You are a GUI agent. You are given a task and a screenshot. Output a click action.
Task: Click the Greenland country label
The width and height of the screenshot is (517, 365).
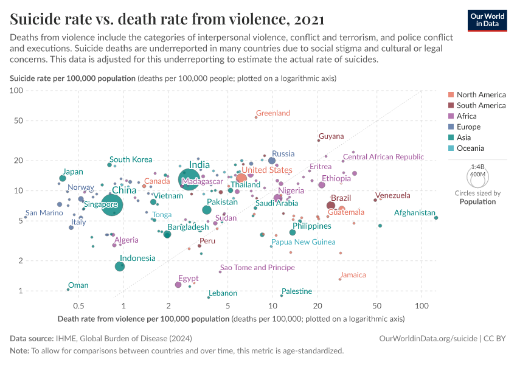pos(272,113)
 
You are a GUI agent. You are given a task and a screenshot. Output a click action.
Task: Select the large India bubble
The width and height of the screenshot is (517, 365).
pos(190,179)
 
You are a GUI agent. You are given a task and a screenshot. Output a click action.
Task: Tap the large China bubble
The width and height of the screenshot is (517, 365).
pos(111,206)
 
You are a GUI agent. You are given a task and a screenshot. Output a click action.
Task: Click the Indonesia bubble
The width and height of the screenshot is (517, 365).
pos(120,266)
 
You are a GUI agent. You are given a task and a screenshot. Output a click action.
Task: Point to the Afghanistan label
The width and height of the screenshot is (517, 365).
pos(415,213)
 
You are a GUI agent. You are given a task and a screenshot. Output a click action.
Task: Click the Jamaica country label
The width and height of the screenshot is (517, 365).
pos(353,275)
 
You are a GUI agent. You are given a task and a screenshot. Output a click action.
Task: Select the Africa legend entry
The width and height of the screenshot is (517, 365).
pos(467,116)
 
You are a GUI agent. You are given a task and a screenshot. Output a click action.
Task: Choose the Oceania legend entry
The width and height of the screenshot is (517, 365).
pos(471,148)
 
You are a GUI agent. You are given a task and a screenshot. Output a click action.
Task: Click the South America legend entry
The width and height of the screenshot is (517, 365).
pos(481,105)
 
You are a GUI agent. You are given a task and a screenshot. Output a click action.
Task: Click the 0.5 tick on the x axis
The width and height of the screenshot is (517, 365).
pos(78,304)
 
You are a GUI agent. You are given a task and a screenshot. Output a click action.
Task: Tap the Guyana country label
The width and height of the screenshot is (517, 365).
pos(331,136)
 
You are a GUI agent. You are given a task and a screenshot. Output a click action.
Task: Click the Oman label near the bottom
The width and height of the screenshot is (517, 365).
pos(78,285)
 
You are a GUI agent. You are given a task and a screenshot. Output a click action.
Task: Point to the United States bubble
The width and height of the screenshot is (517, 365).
pos(241,178)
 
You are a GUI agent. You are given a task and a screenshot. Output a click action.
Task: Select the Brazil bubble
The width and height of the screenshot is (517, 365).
pos(330,206)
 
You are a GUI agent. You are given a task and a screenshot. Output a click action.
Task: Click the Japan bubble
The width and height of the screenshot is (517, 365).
pos(63,178)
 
